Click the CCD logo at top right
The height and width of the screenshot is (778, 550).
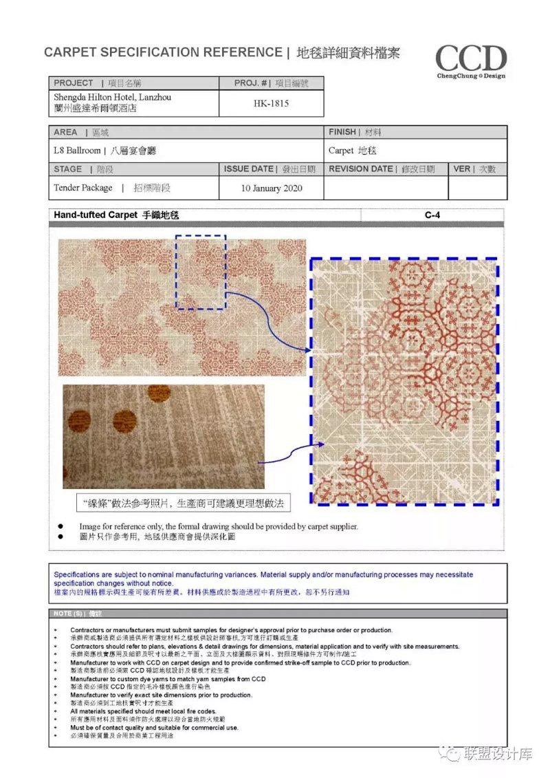(471, 61)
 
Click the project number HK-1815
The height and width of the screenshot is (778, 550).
(271, 104)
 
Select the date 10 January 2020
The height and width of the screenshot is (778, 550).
(272, 188)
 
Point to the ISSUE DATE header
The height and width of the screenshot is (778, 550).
(271, 169)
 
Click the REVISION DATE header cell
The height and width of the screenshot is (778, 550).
(386, 169)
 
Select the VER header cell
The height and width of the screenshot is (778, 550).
(477, 169)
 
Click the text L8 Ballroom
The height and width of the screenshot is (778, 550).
(78, 151)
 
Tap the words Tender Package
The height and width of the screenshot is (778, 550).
(83, 188)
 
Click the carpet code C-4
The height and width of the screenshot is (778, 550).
(432, 215)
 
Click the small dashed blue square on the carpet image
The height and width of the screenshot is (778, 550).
(200, 271)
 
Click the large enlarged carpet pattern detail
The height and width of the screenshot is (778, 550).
(404, 381)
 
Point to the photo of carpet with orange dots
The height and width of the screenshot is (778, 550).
(163, 436)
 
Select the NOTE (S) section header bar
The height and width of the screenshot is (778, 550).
(278, 613)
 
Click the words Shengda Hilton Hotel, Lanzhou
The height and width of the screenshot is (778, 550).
(113, 98)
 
